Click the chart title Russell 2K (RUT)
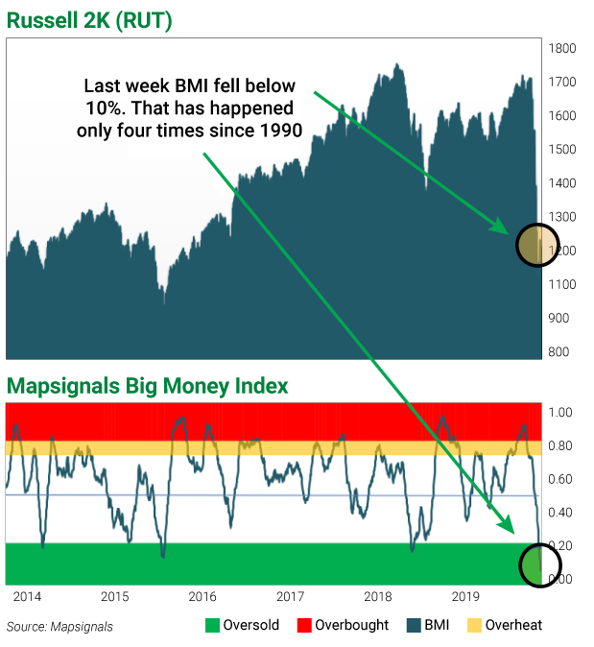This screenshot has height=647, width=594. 90,20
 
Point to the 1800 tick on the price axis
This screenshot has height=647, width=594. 561,48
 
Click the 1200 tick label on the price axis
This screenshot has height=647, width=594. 561,251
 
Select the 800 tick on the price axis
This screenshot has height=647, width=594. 559,351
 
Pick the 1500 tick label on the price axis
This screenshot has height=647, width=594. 561,150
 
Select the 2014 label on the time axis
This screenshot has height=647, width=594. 26,596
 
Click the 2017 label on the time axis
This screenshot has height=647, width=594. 290,596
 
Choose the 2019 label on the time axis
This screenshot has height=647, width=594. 464,596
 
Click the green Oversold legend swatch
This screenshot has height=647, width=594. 212,625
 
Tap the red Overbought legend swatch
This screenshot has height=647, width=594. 304,625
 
